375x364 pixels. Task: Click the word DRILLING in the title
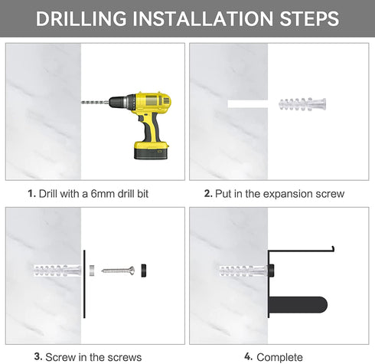pyautogui.click(x=81, y=18)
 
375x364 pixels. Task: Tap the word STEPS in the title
pyautogui.click(x=309, y=18)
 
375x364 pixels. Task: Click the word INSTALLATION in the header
pyautogui.click(x=203, y=18)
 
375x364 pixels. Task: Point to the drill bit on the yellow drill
pyautogui.click(x=95, y=103)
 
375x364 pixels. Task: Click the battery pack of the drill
pyautogui.click(x=151, y=150)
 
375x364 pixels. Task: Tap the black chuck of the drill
pyautogui.click(x=119, y=101)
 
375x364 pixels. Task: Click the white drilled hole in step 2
pyautogui.click(x=247, y=104)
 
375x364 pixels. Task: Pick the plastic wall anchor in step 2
pyautogui.click(x=302, y=104)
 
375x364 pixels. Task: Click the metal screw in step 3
pyautogui.click(x=118, y=270)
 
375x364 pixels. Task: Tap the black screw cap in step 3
pyautogui.click(x=144, y=271)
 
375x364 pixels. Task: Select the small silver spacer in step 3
pyautogui.click(x=92, y=271)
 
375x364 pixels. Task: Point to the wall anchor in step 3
pyautogui.click(x=57, y=271)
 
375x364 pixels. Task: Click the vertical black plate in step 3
pyautogui.click(x=84, y=284)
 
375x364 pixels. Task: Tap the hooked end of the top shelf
pyautogui.click(x=333, y=249)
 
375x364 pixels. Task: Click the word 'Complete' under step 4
pyautogui.click(x=279, y=357)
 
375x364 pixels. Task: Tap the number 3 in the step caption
pyautogui.click(x=37, y=356)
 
